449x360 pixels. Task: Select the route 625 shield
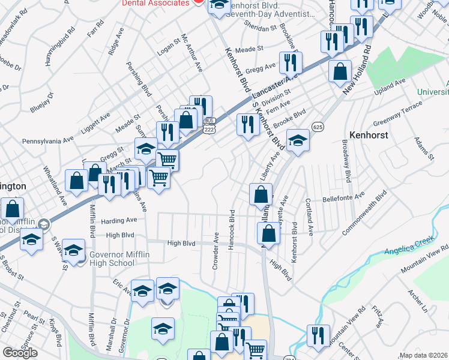point(318,127)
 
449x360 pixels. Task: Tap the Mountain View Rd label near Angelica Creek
point(426,257)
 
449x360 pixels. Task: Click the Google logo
point(20,353)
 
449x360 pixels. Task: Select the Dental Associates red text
point(155,3)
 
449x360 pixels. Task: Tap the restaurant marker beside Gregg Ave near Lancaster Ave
point(291,62)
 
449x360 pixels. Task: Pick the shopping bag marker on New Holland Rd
point(340,71)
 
